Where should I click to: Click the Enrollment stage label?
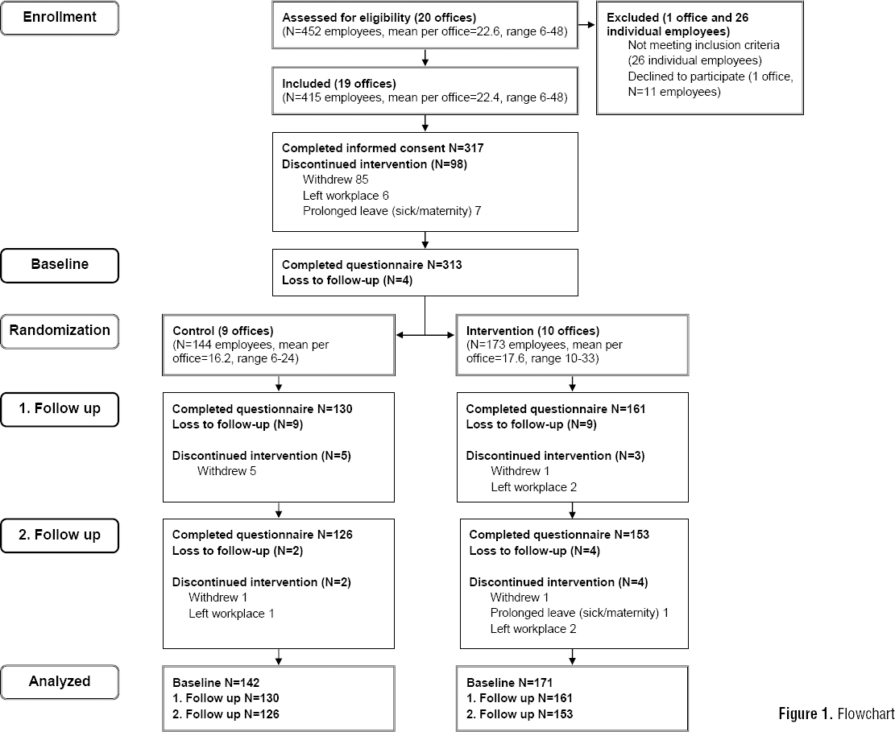(x=60, y=17)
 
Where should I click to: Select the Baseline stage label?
(x=60, y=264)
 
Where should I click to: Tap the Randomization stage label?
(x=60, y=329)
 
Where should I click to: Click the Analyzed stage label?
(x=60, y=681)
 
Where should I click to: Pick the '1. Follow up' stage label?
(x=60, y=408)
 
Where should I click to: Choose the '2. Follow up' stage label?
(x=60, y=534)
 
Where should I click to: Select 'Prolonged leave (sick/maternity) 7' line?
(x=392, y=210)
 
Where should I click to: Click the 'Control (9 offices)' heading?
(x=222, y=330)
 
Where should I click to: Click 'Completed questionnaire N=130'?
(x=262, y=409)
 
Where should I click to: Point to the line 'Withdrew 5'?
(x=226, y=470)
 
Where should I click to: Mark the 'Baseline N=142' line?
(x=214, y=682)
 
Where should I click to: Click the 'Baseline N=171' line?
(x=508, y=682)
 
